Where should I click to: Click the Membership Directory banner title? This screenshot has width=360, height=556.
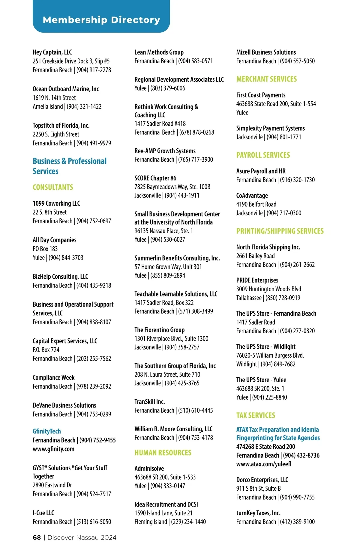[x=101, y=20]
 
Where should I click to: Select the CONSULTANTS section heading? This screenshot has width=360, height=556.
[x=53, y=187]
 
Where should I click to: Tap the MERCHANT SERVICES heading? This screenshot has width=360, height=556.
[x=266, y=79]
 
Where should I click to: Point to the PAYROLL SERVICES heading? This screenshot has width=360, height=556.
[x=263, y=155]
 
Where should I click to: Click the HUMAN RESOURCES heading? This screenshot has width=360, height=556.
[x=163, y=453]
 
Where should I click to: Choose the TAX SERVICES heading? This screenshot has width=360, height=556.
[x=256, y=415]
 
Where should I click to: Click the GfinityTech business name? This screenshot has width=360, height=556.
[x=47, y=431]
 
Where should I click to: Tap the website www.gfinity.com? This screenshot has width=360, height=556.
[x=53, y=449]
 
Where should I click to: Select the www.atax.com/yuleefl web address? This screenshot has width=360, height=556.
[x=264, y=464]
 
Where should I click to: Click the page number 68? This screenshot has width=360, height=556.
[x=37, y=537]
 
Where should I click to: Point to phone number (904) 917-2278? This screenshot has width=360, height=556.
[x=94, y=70]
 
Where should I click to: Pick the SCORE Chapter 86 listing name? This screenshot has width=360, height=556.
[x=155, y=178]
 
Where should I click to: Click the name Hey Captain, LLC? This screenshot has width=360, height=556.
[x=52, y=52]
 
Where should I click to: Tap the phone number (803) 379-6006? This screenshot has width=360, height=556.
[x=168, y=88]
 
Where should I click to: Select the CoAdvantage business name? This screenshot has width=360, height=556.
[x=252, y=195]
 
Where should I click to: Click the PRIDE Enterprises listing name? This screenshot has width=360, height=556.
[x=257, y=280]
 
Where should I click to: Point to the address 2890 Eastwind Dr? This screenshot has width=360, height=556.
[x=52, y=485]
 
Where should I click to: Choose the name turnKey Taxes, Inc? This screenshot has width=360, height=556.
[x=258, y=513]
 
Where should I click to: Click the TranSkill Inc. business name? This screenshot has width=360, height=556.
[x=149, y=402]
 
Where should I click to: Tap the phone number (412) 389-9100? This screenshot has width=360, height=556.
[x=297, y=522]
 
